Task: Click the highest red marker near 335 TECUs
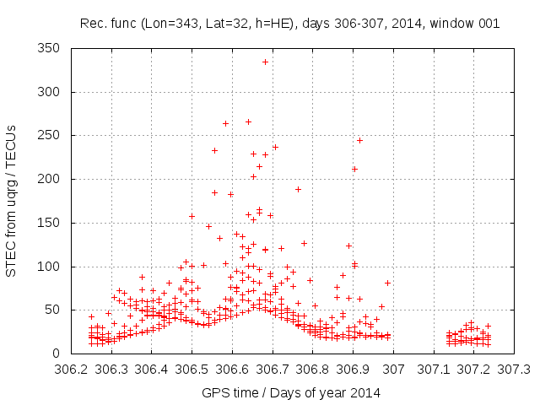[265, 62]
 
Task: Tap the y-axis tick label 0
[59, 354]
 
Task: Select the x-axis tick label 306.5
[192, 369]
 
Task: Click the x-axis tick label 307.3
[514, 369]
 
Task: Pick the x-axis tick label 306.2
[71, 369]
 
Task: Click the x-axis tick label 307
[393, 369]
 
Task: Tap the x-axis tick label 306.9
[353, 369]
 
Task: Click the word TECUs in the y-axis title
[12, 142]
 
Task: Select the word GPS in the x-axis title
[214, 393]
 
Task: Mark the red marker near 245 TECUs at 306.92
[359, 140]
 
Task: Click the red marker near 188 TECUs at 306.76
[298, 189]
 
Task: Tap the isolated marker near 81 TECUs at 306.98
[387, 283]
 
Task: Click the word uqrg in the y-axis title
[12, 185]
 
